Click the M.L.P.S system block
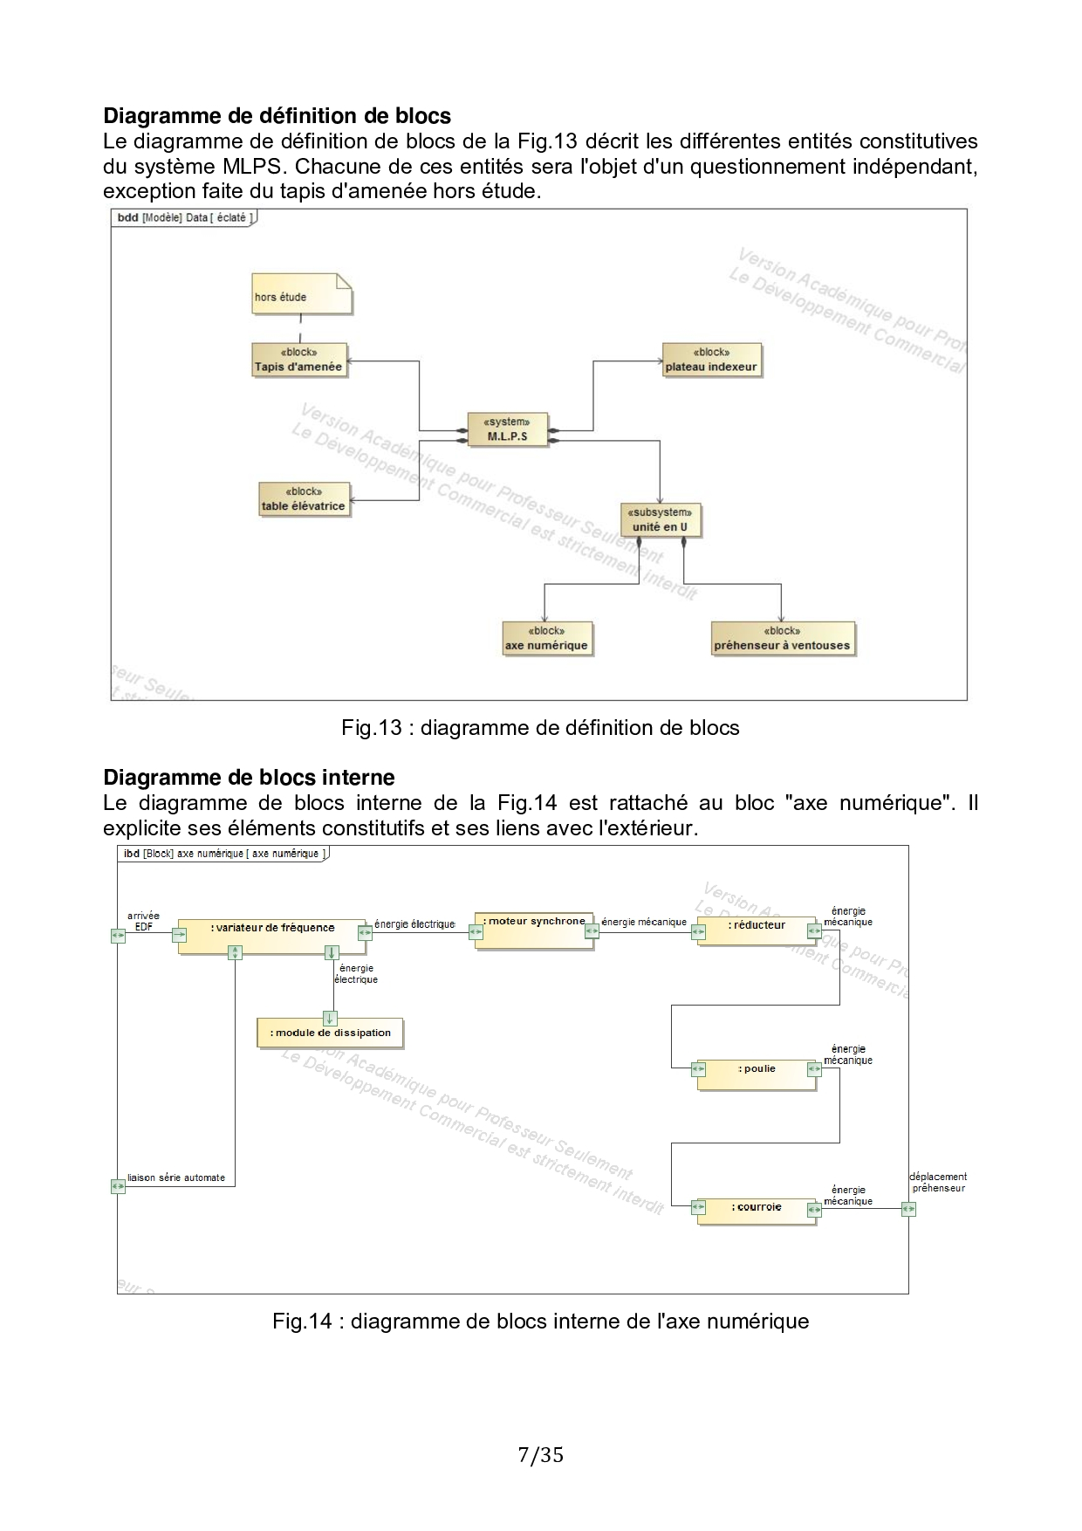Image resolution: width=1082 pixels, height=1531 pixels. [x=508, y=429]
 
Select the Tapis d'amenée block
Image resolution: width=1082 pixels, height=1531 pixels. [x=298, y=360]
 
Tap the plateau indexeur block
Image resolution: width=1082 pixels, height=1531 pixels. [x=711, y=360]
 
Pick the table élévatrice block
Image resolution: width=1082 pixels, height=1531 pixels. [x=304, y=499]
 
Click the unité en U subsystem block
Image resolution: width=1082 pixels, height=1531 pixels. [x=660, y=520]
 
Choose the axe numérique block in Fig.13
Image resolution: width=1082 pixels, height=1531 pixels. [x=546, y=639]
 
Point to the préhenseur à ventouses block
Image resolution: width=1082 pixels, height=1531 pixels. [x=782, y=639]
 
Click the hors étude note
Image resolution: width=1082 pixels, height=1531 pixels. [x=301, y=295]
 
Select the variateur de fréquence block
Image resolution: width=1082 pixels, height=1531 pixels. [x=272, y=936]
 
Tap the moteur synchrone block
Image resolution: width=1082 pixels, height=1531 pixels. [x=534, y=930]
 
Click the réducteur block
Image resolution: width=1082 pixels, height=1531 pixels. [x=757, y=931]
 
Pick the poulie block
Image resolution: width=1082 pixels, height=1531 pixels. [x=757, y=1074]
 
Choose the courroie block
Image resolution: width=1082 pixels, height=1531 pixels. [x=757, y=1212]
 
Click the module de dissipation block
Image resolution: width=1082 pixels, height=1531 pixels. [x=330, y=1033]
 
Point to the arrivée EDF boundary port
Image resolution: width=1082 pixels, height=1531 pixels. [x=118, y=935]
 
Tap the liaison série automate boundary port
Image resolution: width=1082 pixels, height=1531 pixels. [x=118, y=1186]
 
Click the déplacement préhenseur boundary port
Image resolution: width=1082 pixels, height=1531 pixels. [x=908, y=1209]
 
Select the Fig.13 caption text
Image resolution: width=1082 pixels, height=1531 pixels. [x=540, y=728]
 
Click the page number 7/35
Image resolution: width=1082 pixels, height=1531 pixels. [x=540, y=1455]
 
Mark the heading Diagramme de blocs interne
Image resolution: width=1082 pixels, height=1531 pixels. [x=249, y=778]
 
